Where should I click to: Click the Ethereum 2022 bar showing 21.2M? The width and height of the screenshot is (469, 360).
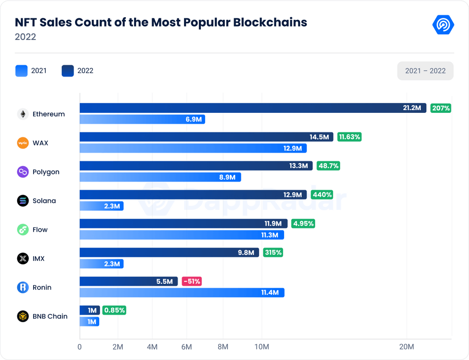point(253,108)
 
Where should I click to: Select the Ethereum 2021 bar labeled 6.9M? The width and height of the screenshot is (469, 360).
point(142,119)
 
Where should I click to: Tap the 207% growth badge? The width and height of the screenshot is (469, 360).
point(441,108)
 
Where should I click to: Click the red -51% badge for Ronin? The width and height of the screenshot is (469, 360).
point(191,282)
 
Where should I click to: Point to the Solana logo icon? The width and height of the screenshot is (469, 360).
point(23,201)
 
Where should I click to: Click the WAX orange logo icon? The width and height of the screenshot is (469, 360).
point(23,143)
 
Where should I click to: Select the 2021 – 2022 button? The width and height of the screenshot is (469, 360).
point(425,71)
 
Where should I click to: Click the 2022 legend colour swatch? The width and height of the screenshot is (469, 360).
point(68,71)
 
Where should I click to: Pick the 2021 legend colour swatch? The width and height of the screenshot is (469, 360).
point(22,71)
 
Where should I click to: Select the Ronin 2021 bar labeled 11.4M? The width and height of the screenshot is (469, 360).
point(182,293)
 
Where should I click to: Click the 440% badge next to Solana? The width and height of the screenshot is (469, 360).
point(322,195)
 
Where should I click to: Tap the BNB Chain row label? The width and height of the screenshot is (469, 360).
point(50,316)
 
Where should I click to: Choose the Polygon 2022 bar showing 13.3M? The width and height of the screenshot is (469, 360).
point(196,166)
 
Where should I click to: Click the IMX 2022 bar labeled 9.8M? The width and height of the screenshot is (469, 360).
point(169,252)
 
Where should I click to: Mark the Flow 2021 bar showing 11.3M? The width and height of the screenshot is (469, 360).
point(181,235)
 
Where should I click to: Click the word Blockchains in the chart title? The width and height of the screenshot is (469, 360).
point(270,22)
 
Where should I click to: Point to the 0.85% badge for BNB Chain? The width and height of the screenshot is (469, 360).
point(115,310)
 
